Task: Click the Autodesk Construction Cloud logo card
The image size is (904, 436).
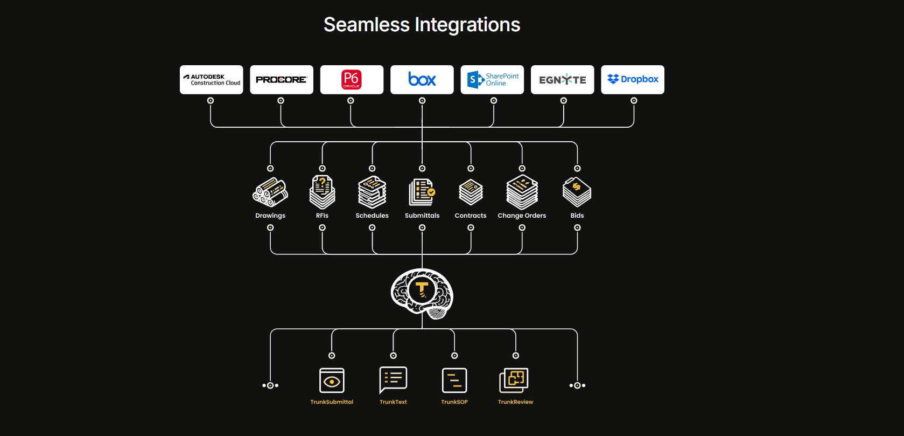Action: (212, 80)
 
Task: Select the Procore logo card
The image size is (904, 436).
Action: (282, 80)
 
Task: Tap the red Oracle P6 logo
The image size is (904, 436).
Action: (352, 80)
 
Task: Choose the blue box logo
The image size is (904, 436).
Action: (422, 80)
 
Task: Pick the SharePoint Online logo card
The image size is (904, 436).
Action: (492, 80)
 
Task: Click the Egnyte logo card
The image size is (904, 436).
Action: (563, 80)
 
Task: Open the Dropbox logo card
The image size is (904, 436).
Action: (633, 80)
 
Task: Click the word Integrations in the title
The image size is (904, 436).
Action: (467, 25)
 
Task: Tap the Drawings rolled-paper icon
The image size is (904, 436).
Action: (270, 192)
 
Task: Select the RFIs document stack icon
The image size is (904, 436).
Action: (322, 192)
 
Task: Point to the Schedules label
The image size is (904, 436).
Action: (372, 216)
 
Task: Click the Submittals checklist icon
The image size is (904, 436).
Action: (422, 192)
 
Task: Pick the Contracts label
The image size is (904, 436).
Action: (471, 216)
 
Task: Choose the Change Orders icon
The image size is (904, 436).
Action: (522, 192)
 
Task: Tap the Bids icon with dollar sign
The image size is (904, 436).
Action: (577, 192)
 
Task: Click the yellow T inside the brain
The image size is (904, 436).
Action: (422, 289)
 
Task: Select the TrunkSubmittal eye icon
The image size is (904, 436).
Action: (332, 381)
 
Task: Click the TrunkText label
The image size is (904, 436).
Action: (393, 402)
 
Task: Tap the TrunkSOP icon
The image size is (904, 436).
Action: (454, 381)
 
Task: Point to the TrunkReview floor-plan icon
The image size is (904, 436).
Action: (514, 380)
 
